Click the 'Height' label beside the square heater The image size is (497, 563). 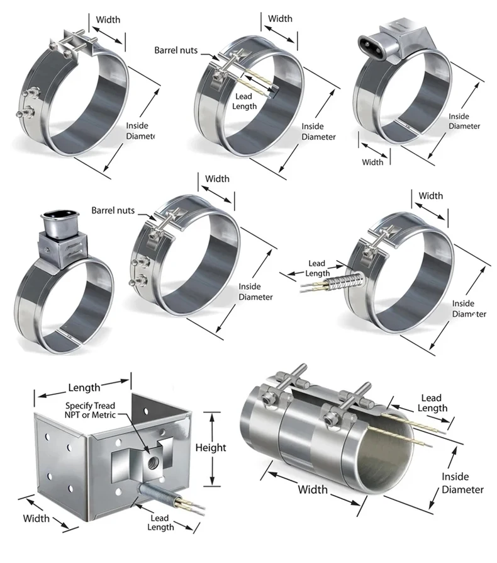pyautogui.click(x=211, y=448)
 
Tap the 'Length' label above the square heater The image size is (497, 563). pyautogui.click(x=84, y=388)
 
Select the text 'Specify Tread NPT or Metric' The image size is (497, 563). pyautogui.click(x=90, y=411)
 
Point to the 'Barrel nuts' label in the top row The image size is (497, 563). pyautogui.click(x=176, y=50)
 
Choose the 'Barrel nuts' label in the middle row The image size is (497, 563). pyautogui.click(x=113, y=210)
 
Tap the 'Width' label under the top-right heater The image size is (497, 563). pyautogui.click(x=372, y=162)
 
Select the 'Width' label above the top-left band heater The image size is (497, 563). pyautogui.click(x=108, y=20)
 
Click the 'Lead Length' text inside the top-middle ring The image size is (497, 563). pyautogui.click(x=244, y=101)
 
